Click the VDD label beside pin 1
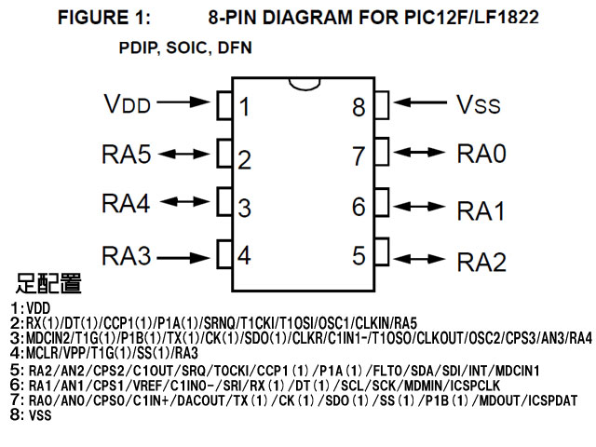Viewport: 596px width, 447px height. (128, 104)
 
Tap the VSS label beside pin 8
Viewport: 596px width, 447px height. (479, 104)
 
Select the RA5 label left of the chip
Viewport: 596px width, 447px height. (127, 154)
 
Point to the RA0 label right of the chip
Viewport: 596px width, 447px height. (481, 154)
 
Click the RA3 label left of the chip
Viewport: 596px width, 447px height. (127, 255)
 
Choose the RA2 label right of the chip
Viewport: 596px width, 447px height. (481, 262)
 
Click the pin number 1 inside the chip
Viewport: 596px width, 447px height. (244, 107)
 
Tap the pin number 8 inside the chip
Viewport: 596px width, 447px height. (359, 107)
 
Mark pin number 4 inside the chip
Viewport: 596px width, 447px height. (244, 255)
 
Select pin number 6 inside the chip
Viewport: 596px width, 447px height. (359, 207)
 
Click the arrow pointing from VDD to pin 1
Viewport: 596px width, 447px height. (183, 102)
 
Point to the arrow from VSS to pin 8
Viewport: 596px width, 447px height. (420, 102)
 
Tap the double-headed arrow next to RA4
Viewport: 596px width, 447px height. (184, 201)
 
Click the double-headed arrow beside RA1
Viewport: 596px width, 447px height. (419, 207)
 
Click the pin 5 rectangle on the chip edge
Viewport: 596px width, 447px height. (382, 251)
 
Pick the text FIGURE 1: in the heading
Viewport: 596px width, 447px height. (104, 18)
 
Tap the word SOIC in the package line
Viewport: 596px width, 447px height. (187, 47)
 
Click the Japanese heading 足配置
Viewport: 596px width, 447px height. (48, 283)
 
